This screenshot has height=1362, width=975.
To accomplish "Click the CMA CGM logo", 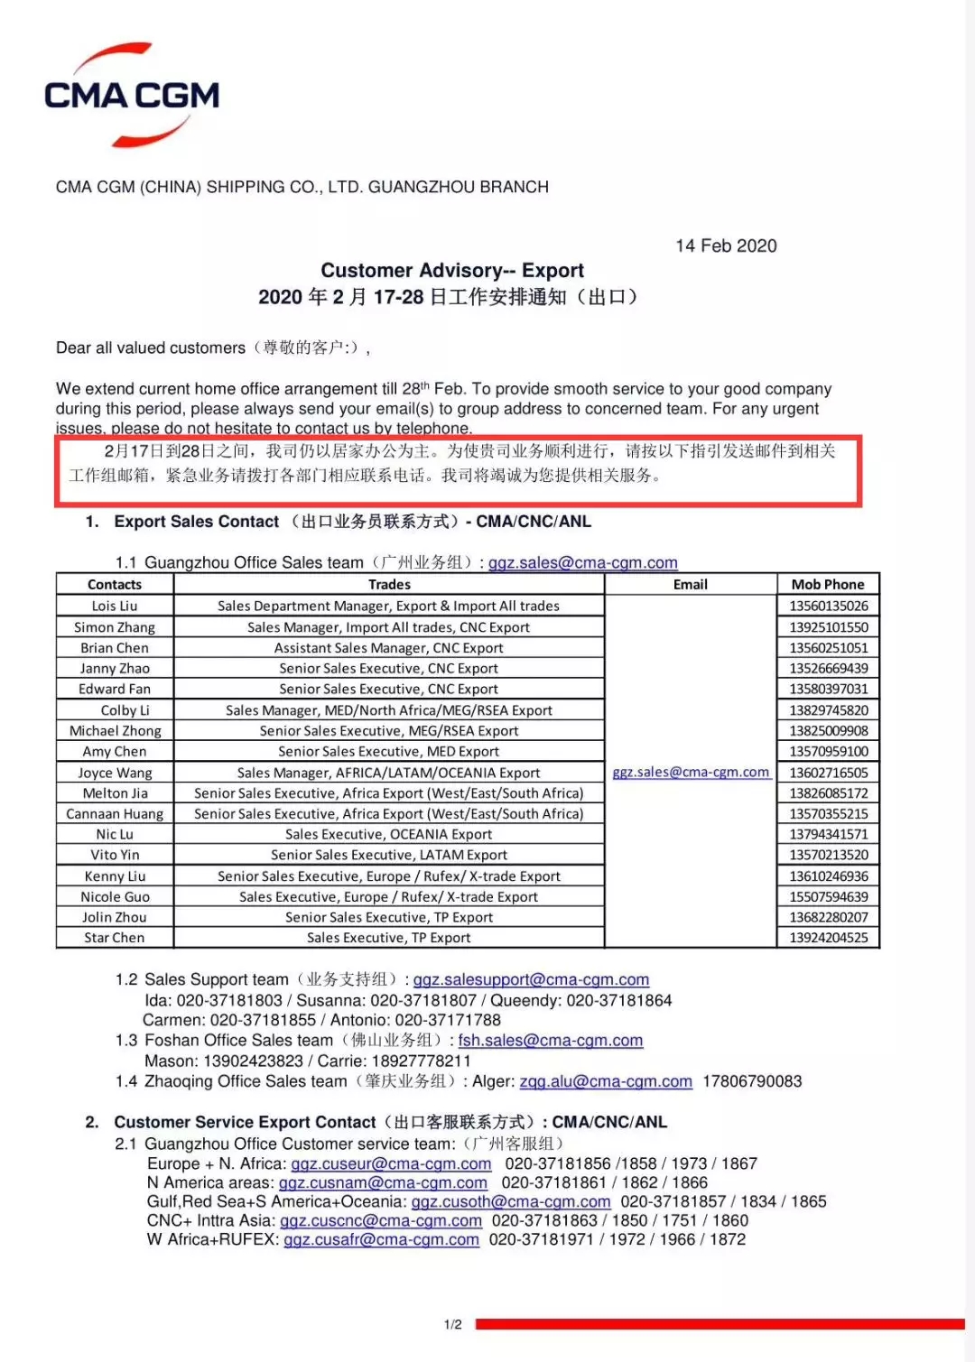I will pos(132,95).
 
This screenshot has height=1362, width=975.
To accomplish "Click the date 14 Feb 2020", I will pos(726,246).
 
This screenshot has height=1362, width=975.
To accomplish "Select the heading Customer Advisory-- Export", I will pos(452,271).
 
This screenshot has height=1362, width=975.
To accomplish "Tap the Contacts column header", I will pos(115,585).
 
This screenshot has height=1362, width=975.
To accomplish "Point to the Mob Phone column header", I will pos(828,585).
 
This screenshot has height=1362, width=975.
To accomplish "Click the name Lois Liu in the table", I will pos(115,606).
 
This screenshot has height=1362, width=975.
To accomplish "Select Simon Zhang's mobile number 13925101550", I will pos(829,627).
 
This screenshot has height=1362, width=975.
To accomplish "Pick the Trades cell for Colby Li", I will pos(389,710).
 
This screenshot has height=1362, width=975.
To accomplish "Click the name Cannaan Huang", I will pos(115,814).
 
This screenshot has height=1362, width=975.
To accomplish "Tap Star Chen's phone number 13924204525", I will pos(829,938).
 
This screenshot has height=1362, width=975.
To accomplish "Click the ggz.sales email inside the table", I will pos(691,773).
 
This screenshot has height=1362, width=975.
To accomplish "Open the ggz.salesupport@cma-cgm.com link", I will pos(531,979).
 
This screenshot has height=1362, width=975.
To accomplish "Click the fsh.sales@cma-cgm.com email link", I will pos(551,1041).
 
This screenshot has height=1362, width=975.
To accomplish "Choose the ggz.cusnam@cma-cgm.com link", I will pos(383,1182).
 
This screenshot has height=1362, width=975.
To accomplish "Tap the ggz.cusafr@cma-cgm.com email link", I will pos(381,1240).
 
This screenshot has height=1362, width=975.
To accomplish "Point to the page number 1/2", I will pos(453,1325).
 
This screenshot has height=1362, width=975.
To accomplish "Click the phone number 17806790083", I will pos(752,1081).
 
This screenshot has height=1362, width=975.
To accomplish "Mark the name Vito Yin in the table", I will pos(115,855).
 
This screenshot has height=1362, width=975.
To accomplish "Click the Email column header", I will pos(691,585).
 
